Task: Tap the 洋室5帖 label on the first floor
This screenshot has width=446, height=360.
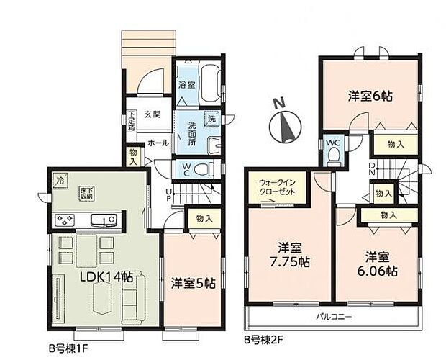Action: coord(193,284)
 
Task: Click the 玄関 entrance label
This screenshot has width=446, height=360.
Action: coord(151,114)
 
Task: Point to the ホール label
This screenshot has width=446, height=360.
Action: coord(158,143)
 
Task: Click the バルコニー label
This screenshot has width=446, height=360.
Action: coord(332,315)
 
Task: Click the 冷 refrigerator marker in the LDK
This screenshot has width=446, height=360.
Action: coord(60,180)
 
